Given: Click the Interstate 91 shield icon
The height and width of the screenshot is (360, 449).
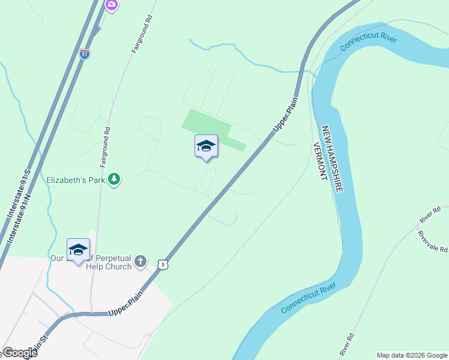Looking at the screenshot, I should (85, 53).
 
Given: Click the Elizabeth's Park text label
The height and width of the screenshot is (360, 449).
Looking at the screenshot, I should (76, 179).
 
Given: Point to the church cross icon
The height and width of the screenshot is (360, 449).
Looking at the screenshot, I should (140, 261).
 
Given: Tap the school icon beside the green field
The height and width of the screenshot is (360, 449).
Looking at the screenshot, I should (206, 146).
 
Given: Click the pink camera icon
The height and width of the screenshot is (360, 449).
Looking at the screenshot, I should (111, 5).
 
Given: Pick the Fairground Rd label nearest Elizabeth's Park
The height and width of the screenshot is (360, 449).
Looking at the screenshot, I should (105, 146).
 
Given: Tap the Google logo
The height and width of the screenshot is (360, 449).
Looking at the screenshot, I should (20, 353).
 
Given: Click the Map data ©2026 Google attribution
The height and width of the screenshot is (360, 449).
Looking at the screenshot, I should (412, 355).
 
